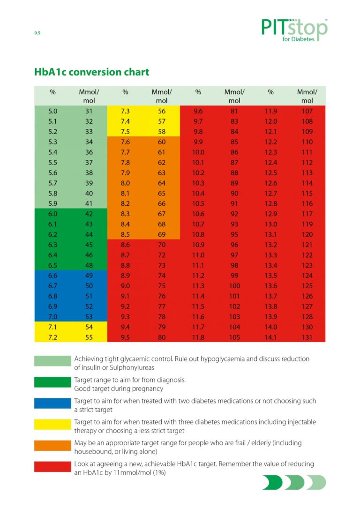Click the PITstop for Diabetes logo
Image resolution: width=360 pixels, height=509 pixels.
pos(294,30)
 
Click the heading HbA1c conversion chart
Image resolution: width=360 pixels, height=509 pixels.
pos(92,72)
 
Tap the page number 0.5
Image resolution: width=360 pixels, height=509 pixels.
pos(37,33)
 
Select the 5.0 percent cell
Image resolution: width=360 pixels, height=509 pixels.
pos(52,111)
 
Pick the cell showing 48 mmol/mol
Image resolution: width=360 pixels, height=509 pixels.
pos(89,265)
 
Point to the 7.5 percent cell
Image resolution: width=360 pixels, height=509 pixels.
pos(125,132)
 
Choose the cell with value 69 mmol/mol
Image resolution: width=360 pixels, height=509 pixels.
pos(162,234)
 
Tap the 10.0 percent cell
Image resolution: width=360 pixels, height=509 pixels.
pos(198,152)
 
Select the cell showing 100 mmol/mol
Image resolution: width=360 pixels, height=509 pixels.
pos(234,286)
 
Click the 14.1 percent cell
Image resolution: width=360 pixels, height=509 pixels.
pos(271,337)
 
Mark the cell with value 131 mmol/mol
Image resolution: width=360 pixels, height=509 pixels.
pos(307,337)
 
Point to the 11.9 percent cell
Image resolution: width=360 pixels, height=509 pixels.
pos(271,111)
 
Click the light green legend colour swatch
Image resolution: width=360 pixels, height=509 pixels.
pos(52,361)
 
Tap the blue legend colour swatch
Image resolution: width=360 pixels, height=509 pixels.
pos(52,403)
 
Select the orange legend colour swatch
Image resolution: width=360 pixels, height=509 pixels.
pos(52,445)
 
